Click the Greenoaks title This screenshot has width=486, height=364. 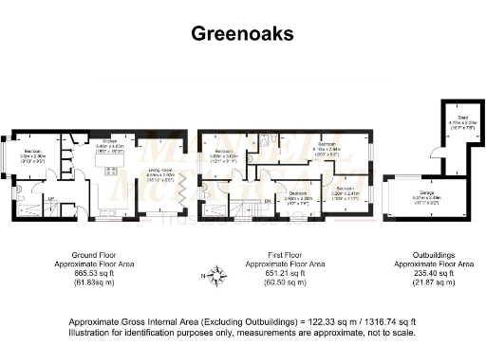pyautogui.click(x=242, y=34)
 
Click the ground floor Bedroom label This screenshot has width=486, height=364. pyautogui.click(x=32, y=152)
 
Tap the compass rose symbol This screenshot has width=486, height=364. pyautogui.click(x=218, y=276)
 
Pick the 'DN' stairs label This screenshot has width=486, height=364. pyautogui.click(x=269, y=201)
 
